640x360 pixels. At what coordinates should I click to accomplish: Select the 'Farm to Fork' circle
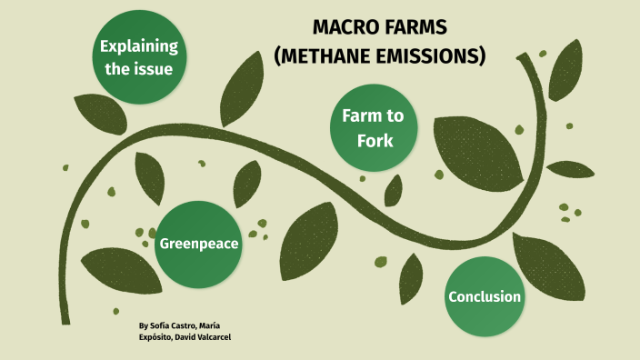374,128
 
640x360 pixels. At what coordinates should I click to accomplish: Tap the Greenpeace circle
199,243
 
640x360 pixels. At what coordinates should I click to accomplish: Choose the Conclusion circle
485,296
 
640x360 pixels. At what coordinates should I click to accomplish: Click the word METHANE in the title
324,56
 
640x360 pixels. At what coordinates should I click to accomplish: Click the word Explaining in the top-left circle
139,45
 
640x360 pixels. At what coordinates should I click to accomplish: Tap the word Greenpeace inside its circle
199,244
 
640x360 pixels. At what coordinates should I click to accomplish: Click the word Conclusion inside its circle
485,296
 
